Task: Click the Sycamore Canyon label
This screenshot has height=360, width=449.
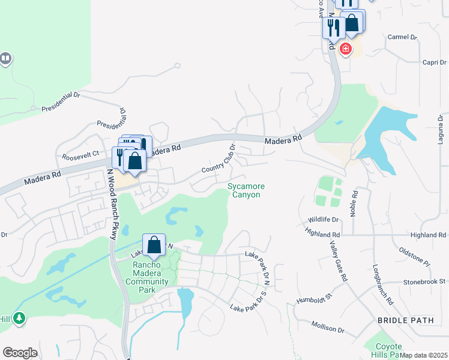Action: click(x=246, y=191)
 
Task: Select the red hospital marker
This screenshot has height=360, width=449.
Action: click(x=345, y=49)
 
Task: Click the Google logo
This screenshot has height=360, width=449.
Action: click(x=20, y=353)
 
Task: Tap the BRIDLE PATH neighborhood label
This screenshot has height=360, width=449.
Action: click(x=405, y=320)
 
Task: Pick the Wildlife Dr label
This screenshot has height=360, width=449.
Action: click(x=324, y=220)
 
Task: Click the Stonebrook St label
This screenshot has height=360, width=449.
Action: click(x=424, y=281)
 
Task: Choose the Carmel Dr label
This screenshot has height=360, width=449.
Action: click(x=402, y=37)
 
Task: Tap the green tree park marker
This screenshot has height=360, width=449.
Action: click(x=20, y=317)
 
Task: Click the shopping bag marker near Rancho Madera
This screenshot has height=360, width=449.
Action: click(x=154, y=245)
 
